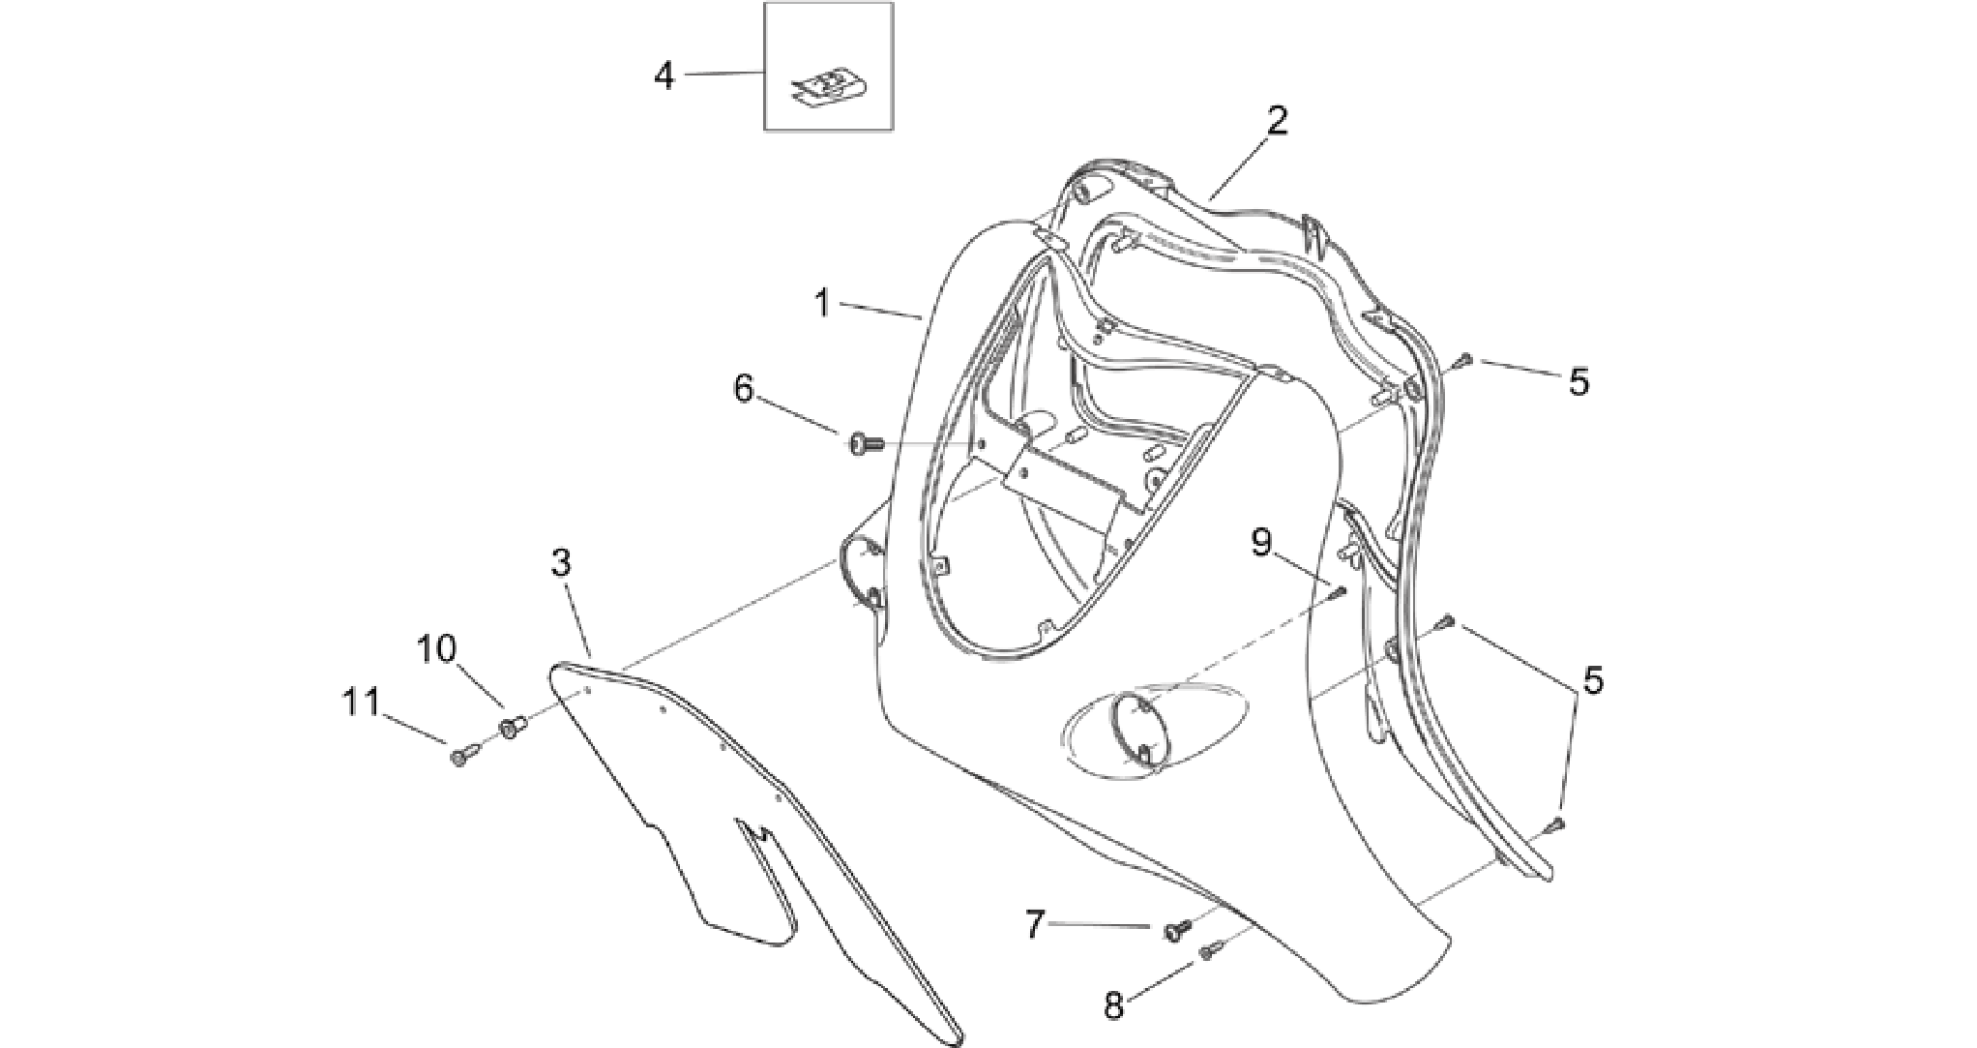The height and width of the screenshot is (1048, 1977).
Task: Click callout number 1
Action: [822, 303]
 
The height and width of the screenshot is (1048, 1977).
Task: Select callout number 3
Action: [561, 562]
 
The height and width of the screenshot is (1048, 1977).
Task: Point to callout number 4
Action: [664, 75]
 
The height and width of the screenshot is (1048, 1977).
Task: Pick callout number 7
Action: [1035, 926]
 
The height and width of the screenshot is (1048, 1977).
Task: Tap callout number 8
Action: [1114, 1006]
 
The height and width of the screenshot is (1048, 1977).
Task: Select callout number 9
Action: [1261, 543]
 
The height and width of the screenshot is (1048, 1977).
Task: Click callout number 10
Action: [436, 648]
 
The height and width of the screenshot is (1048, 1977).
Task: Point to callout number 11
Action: [363, 702]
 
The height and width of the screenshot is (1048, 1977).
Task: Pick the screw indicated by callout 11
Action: [460, 757]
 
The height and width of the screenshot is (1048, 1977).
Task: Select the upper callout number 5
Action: [1578, 382]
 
